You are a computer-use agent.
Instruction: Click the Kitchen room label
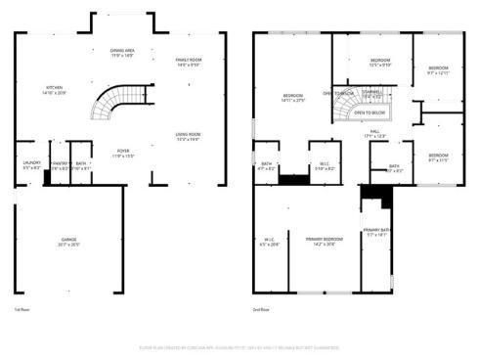[x=54, y=90]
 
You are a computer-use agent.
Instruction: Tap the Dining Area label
[x=122, y=52]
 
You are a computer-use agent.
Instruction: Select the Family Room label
[x=188, y=63]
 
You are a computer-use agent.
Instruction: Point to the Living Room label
[x=188, y=135]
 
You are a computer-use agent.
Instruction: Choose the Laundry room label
[x=30, y=164]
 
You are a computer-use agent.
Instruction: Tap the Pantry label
[x=60, y=164]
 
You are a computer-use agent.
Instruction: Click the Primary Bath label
[x=377, y=233]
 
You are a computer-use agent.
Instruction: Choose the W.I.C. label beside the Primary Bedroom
[x=270, y=242]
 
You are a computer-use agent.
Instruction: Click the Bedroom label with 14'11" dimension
[x=293, y=97]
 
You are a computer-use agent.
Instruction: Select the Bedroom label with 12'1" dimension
[x=380, y=63]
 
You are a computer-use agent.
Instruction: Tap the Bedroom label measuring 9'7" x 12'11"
[x=440, y=70]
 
